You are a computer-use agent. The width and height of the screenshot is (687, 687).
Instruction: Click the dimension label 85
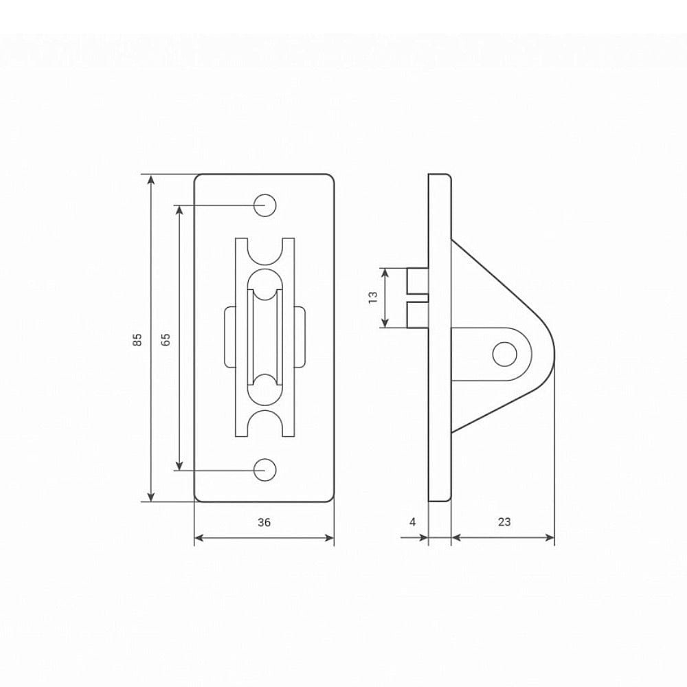137,339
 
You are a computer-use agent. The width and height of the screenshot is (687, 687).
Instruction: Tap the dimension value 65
166,339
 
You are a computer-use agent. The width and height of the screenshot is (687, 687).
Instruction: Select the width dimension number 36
264,522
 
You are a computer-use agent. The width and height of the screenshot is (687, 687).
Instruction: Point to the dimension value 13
373,297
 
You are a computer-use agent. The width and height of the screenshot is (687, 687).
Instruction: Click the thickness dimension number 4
412,522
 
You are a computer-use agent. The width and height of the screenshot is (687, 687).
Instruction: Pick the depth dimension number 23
504,522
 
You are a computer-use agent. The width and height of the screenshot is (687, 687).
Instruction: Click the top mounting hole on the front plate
265,205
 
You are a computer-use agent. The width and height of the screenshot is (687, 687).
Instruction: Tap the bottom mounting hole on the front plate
265,470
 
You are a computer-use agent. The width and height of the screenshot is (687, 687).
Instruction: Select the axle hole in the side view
505,354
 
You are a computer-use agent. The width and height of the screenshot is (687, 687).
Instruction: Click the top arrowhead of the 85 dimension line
151,179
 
